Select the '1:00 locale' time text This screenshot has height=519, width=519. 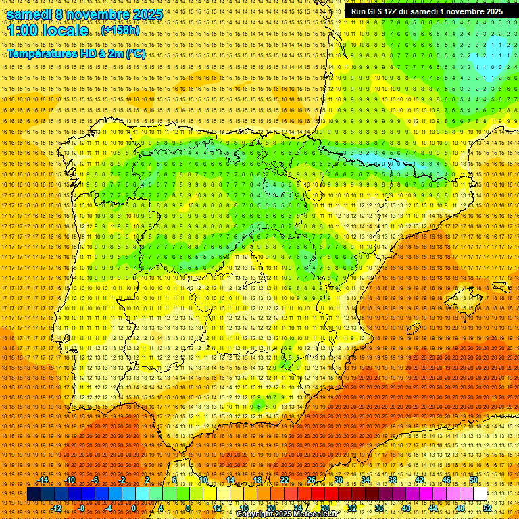[x=47, y=31]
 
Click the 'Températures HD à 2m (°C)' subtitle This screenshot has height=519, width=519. [x=76, y=53]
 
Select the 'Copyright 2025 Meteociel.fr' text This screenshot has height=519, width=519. [x=287, y=514]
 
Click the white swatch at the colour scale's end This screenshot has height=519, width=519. [x=480, y=494]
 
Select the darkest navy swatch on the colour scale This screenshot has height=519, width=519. [x=34, y=494]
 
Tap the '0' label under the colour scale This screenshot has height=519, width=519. [x=134, y=508]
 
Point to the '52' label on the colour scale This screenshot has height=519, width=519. [x=487, y=508]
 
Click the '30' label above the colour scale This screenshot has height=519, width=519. [x=339, y=480]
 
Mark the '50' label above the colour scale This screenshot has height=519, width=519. [x=474, y=480]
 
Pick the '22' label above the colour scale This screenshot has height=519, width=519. [x=285, y=480]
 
